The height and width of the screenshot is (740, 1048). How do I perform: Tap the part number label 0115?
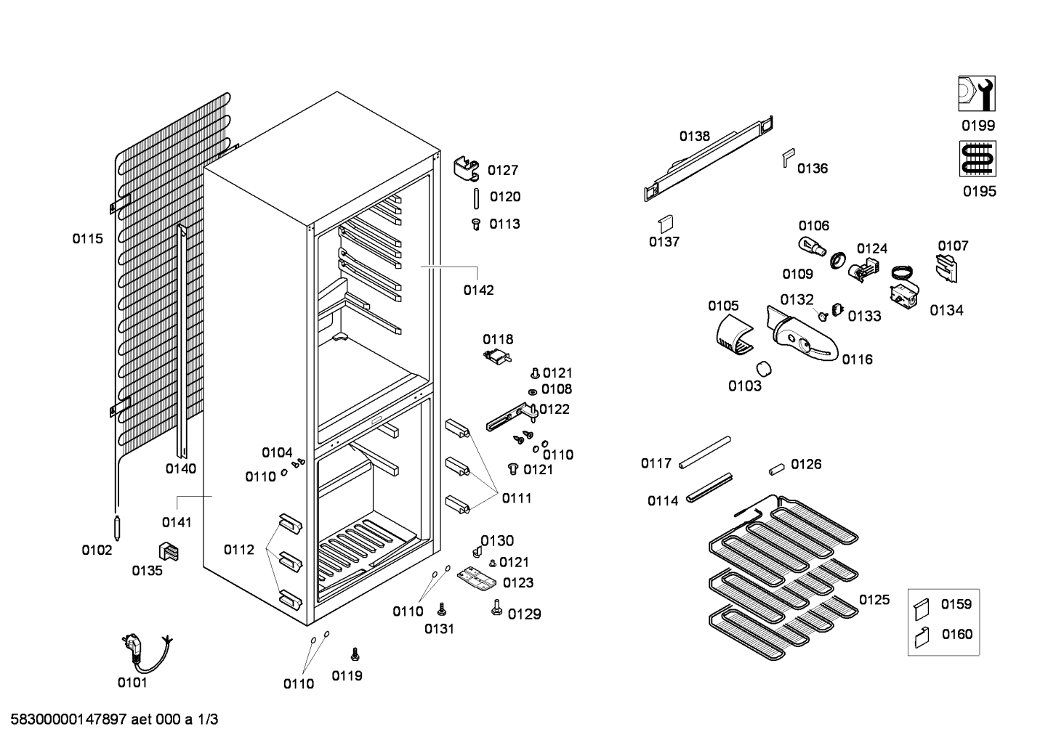pyautogui.click(x=87, y=238)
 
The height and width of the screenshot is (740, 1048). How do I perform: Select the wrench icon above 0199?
pyautogui.click(x=976, y=94)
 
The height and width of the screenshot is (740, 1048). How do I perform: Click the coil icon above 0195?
pyautogui.click(x=977, y=158)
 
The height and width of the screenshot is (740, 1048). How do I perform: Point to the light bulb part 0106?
pyautogui.click(x=811, y=246)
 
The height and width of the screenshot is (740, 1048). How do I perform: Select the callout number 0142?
pyautogui.click(x=478, y=290)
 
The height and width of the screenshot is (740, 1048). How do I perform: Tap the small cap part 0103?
pyautogui.click(x=763, y=368)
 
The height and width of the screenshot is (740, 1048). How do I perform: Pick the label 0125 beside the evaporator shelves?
pyautogui.click(x=874, y=600)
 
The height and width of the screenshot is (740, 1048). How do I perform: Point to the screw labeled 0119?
pyautogui.click(x=355, y=654)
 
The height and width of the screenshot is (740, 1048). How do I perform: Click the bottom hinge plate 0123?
pyautogui.click(x=476, y=578)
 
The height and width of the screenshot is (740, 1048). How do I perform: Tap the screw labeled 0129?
pyautogui.click(x=497, y=607)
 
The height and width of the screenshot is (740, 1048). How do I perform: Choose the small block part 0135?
pyautogui.click(x=169, y=552)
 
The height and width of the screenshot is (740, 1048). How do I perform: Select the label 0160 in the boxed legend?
pyautogui.click(x=956, y=634)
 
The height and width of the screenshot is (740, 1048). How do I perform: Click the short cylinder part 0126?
pyautogui.click(x=777, y=468)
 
